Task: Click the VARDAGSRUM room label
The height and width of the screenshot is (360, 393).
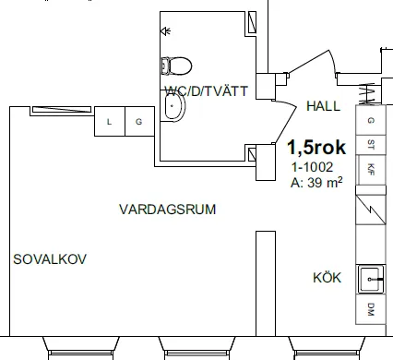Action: pyautogui.click(x=168, y=210)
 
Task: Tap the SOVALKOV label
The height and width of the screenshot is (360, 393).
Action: pyautogui.click(x=50, y=259)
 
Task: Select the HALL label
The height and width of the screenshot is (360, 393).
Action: pyautogui.click(x=322, y=105)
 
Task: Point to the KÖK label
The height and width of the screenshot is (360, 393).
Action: pyautogui.click(x=327, y=278)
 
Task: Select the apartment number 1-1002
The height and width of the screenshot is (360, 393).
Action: pyautogui.click(x=313, y=168)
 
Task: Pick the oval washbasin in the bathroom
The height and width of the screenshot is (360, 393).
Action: pyautogui.click(x=173, y=109)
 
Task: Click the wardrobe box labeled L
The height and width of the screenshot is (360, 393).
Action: pyautogui.click(x=110, y=122)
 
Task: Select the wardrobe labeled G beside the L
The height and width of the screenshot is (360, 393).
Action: pyautogui.click(x=139, y=122)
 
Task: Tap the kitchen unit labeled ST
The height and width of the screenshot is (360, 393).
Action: pyautogui.click(x=371, y=144)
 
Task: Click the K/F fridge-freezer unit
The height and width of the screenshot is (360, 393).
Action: pyautogui.click(x=371, y=168)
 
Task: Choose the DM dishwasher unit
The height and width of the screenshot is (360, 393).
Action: pyautogui.click(x=371, y=308)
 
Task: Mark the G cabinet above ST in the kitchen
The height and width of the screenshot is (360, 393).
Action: pyautogui.click(x=371, y=121)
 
